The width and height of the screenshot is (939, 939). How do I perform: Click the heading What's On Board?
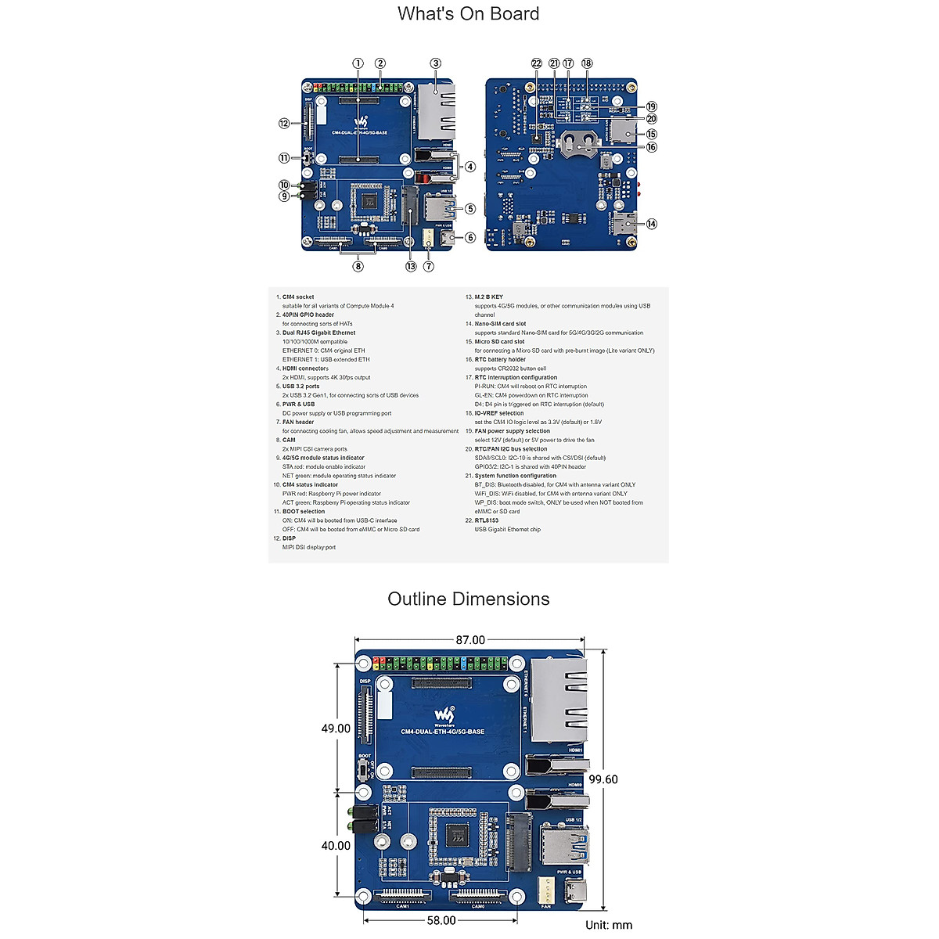(x=468, y=14)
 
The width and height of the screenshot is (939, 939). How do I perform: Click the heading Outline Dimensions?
(x=468, y=599)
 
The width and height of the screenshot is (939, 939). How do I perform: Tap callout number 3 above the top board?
(x=435, y=63)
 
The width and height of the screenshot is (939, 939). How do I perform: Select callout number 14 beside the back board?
(x=651, y=224)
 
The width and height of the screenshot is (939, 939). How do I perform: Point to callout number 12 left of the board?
(x=284, y=124)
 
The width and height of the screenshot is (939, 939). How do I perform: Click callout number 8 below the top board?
(x=358, y=266)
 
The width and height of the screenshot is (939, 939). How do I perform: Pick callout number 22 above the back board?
(x=536, y=63)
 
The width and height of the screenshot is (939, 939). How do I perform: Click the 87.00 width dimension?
(x=470, y=640)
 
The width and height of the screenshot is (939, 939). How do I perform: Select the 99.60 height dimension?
(x=603, y=779)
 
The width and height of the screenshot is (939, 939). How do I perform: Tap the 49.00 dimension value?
(x=336, y=729)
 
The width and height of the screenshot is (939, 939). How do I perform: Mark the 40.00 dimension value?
(x=336, y=846)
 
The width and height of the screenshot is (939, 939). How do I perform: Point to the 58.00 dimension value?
(x=441, y=920)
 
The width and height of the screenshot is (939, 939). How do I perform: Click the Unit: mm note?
(x=609, y=925)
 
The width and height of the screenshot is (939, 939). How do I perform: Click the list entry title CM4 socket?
(x=298, y=297)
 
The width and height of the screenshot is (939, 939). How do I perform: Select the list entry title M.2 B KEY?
(x=488, y=297)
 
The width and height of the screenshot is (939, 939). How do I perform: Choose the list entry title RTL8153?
(x=486, y=520)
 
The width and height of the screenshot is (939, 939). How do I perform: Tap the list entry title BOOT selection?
(x=303, y=512)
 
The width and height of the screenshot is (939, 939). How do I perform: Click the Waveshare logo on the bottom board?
(x=444, y=715)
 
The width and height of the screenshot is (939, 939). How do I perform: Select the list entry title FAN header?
(x=297, y=423)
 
